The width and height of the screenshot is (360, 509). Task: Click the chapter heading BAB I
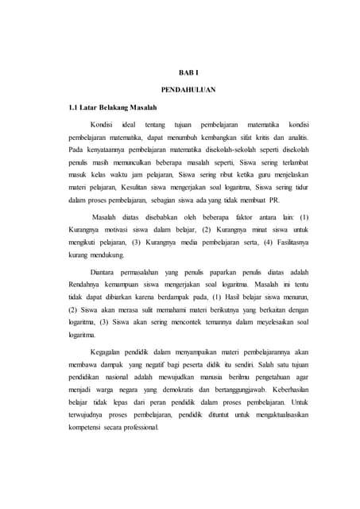[x=182, y=74]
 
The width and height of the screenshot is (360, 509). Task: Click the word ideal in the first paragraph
[x=130, y=125]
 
